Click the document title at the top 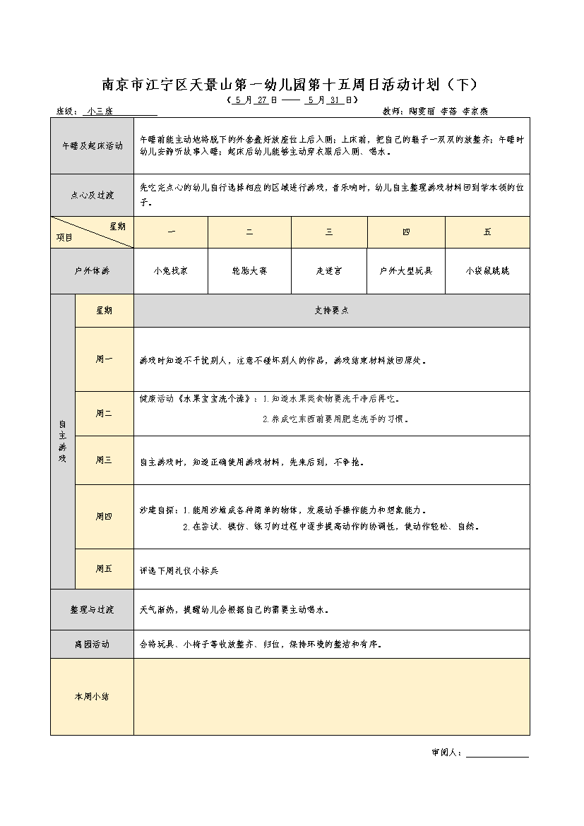tap(290, 85)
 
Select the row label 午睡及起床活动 tap(92, 146)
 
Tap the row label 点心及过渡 tap(92, 196)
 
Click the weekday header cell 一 tap(171, 232)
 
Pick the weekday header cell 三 tap(329, 232)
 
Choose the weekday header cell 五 tap(487, 232)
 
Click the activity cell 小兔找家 tap(171, 270)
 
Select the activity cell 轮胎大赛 tap(249, 270)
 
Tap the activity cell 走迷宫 tap(329, 270)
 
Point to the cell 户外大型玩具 tap(406, 270)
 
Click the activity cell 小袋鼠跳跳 tap(487, 270)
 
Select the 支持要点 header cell tap(331, 311)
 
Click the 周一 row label tap(104, 359)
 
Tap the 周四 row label tap(104, 517)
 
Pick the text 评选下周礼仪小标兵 tap(179, 570)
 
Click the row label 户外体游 tap(92, 270)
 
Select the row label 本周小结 tap(92, 697)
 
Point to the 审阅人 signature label tap(446, 753)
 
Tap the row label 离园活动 tap(92, 645)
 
